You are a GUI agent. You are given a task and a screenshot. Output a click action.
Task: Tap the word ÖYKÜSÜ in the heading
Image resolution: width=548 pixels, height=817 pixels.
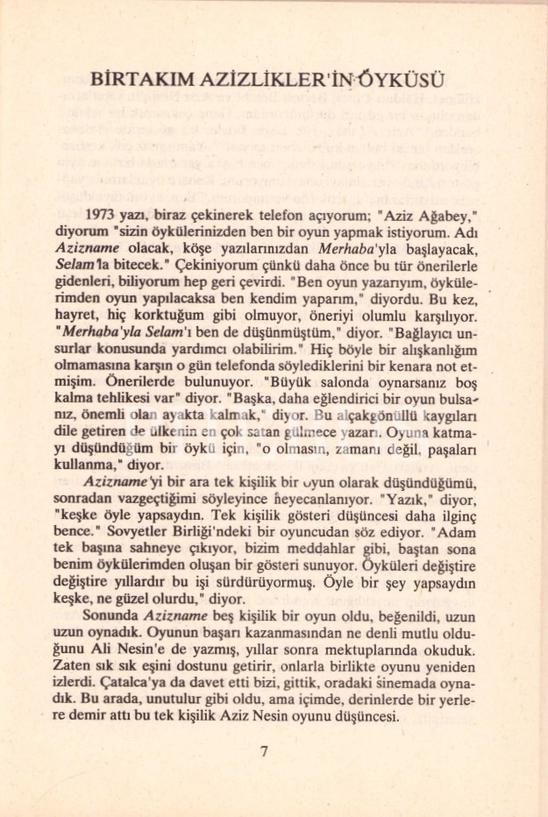[x=407, y=80]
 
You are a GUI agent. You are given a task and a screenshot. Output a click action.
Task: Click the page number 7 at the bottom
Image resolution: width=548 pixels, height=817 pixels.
[x=264, y=751]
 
